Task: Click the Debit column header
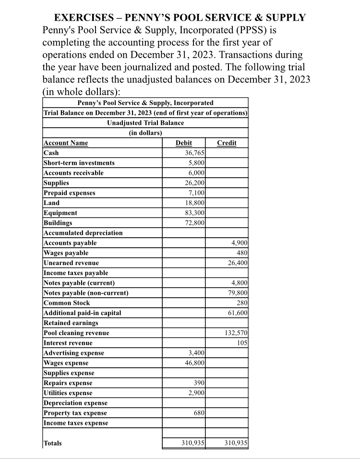(184, 143)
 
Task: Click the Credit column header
(227, 143)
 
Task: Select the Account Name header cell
(66, 143)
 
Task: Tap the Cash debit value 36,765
(195, 153)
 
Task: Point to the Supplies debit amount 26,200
(195, 183)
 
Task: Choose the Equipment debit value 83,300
(195, 213)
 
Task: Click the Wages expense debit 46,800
(195, 363)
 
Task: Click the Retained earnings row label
(64, 323)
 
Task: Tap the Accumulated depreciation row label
(83, 233)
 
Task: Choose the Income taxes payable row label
(76, 273)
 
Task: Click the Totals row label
(53, 443)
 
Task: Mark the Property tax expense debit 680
(198, 413)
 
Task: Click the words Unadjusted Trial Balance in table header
(145, 123)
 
